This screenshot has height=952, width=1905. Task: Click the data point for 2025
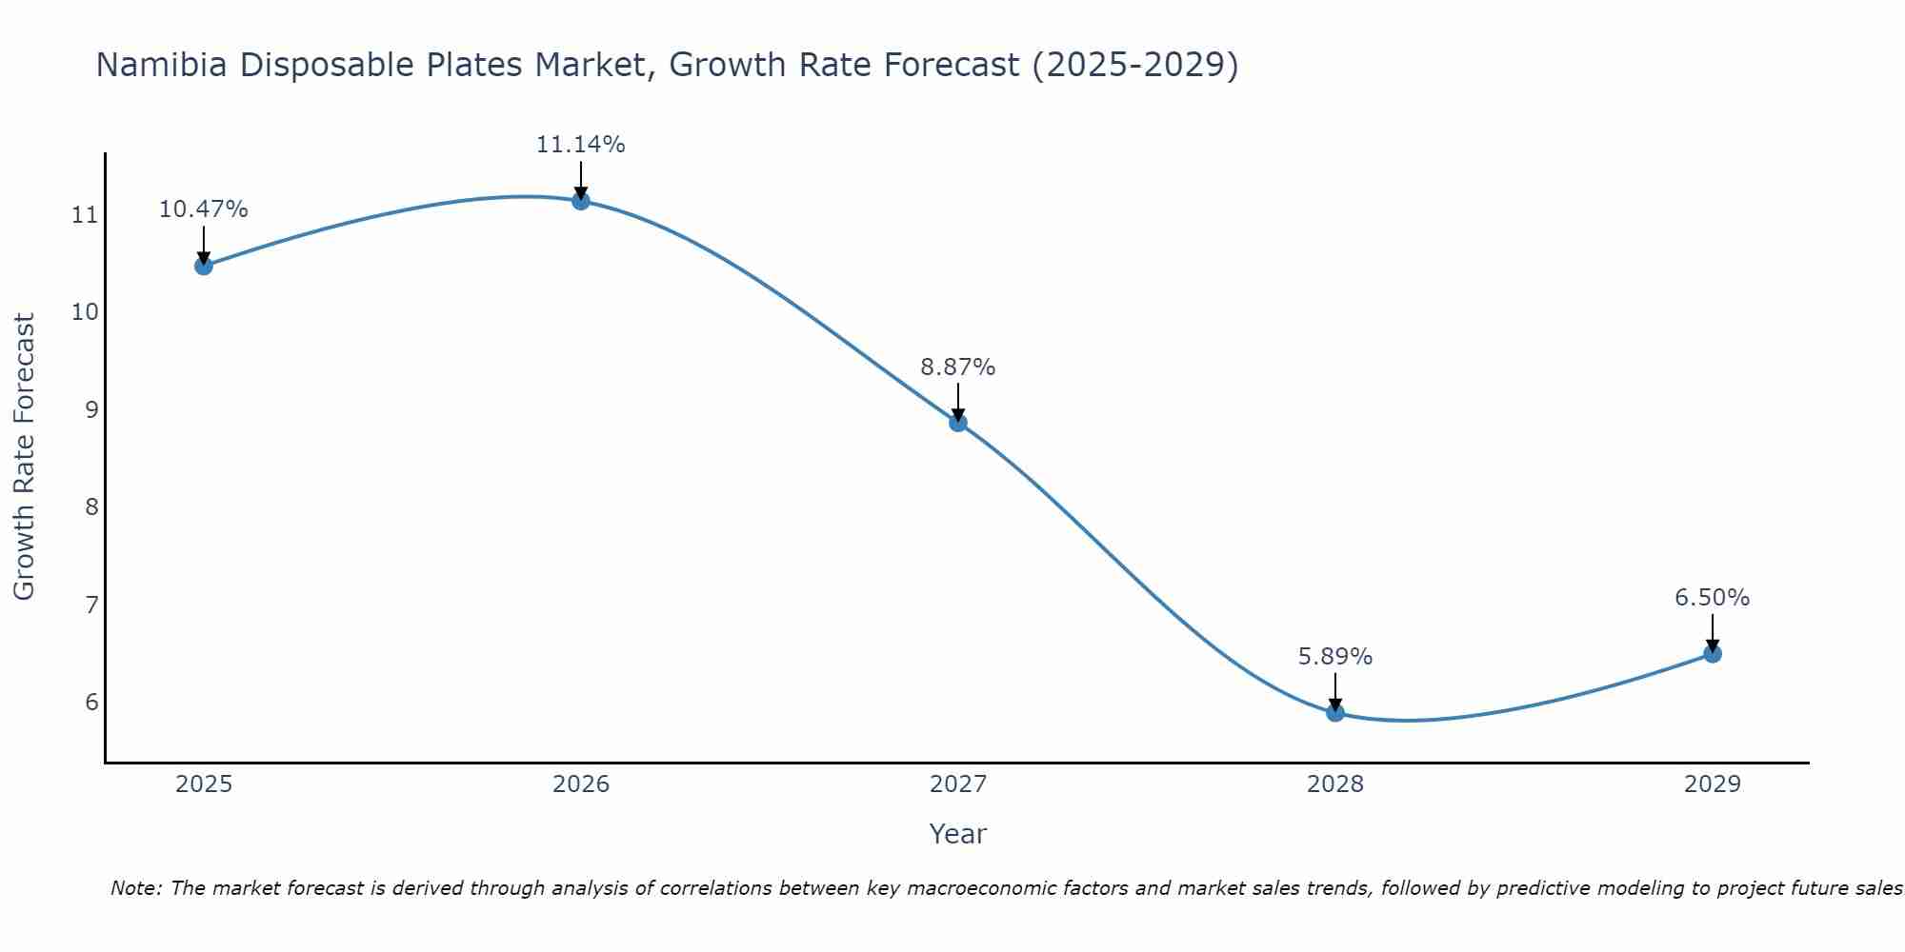pos(203,266)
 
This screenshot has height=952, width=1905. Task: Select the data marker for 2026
pos(581,201)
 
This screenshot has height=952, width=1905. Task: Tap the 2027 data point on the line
pos(958,423)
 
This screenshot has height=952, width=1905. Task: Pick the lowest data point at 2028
pos(1335,713)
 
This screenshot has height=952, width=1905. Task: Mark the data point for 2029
pos(1713,654)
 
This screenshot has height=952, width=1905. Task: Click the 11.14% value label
pos(581,145)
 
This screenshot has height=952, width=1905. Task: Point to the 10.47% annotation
pos(203,209)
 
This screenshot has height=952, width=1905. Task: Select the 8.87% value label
pos(958,367)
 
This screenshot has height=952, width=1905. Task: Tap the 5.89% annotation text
pos(1335,657)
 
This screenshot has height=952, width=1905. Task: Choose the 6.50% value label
pos(1713,598)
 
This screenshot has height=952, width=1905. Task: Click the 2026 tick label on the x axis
pos(581,784)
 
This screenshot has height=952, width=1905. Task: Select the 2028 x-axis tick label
pos(1335,784)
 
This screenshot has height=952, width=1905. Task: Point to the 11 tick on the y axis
pos(85,215)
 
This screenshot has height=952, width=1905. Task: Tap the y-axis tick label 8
pos(91,507)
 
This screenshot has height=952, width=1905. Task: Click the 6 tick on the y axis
pos(91,703)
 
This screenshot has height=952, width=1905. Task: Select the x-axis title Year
pos(958,834)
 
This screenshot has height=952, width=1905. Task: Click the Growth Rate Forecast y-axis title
pos(25,457)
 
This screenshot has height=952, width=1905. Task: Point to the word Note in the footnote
pos(137,889)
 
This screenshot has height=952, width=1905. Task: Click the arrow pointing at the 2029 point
pos(1713,632)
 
